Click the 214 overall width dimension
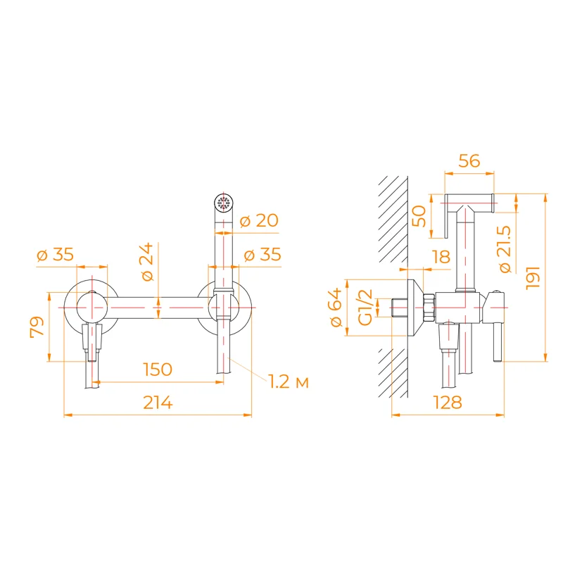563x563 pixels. click(158, 403)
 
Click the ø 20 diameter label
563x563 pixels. click(258, 220)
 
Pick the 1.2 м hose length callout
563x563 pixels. click(289, 382)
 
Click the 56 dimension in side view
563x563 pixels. click(469, 161)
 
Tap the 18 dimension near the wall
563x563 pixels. click(441, 257)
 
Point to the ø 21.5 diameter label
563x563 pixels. click(505, 249)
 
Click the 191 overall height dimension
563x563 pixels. click(533, 277)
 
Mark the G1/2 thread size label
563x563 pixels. click(365, 308)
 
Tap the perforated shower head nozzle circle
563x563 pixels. click(224, 203)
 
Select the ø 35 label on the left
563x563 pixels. click(55, 255)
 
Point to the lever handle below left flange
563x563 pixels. click(91, 341)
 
